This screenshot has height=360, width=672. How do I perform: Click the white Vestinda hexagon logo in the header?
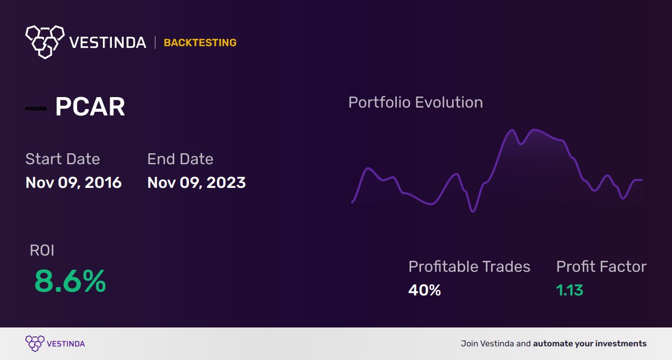click(45, 41)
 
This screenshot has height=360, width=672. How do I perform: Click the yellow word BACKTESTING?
click(200, 43)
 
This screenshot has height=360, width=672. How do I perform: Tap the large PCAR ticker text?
click(90, 108)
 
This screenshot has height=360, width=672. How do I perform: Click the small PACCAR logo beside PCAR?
click(37, 109)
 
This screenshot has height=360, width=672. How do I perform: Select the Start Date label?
click(62, 159)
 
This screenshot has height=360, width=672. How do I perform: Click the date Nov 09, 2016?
click(73, 183)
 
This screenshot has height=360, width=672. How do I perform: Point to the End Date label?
click(180, 159)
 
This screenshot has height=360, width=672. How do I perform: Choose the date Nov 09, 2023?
click(196, 183)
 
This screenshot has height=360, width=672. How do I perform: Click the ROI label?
click(42, 251)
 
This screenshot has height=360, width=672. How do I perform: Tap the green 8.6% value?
click(70, 282)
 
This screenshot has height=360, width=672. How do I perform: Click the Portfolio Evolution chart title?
click(415, 102)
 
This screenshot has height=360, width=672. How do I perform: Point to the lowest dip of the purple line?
click(473, 211)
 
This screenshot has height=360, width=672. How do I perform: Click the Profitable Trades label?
click(469, 267)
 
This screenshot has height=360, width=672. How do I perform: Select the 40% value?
click(424, 290)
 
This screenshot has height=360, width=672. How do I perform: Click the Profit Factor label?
click(601, 267)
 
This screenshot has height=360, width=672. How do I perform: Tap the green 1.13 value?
click(570, 290)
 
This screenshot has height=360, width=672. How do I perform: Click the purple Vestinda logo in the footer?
click(35, 343)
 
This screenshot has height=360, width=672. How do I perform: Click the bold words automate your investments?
click(590, 344)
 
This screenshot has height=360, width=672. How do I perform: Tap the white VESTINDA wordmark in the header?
click(108, 43)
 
